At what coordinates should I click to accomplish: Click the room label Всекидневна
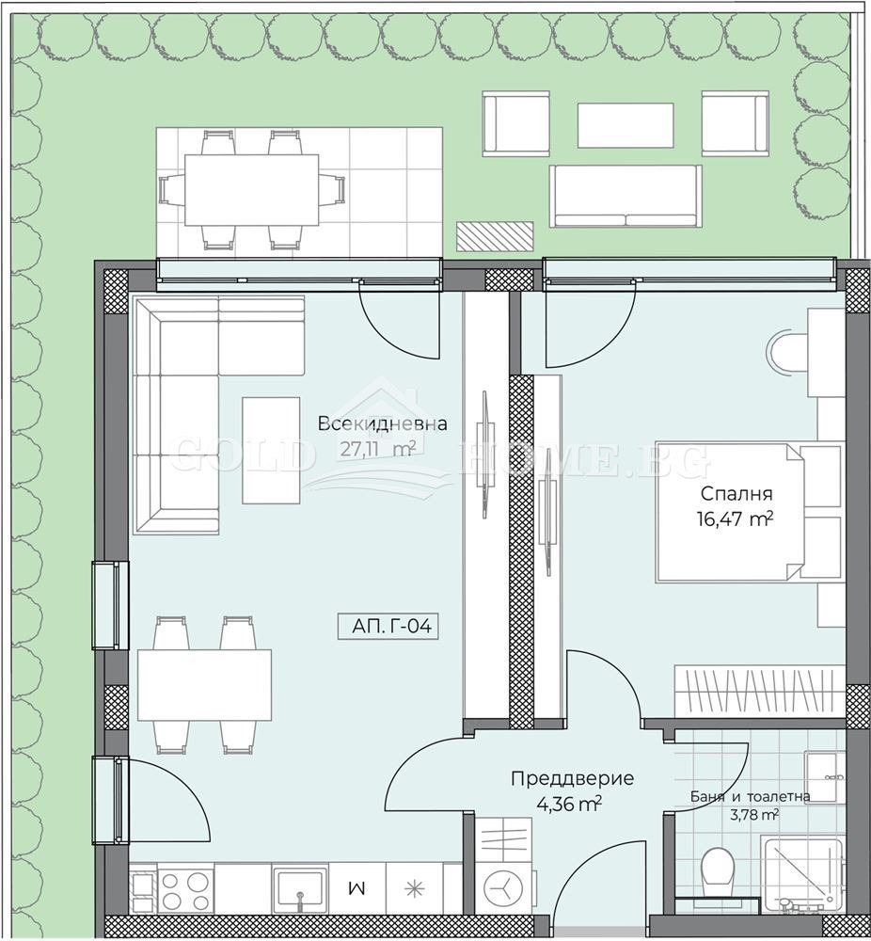(382, 423)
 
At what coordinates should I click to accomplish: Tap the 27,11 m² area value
(377, 449)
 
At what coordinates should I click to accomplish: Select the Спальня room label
(736, 494)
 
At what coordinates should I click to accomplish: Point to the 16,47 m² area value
(735, 518)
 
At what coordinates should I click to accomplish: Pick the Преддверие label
(572, 779)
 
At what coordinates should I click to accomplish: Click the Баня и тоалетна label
(750, 796)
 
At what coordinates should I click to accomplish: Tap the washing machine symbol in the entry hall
(500, 887)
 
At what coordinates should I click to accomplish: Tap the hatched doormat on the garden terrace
(495, 236)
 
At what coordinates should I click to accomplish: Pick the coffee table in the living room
(271, 450)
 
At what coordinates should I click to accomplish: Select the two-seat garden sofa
(626, 197)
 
